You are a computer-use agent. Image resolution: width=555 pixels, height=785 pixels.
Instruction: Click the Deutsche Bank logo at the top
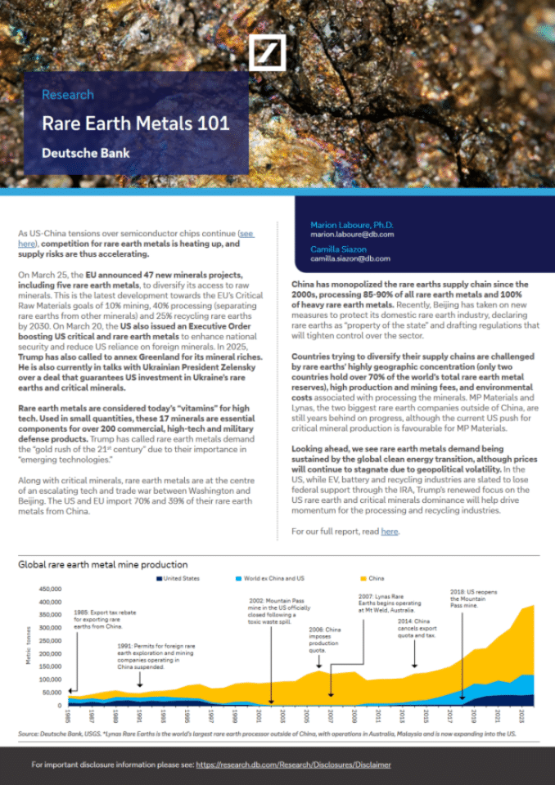pyautogui.click(x=267, y=54)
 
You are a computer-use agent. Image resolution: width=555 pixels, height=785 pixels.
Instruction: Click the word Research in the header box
pyautogui.click(x=68, y=95)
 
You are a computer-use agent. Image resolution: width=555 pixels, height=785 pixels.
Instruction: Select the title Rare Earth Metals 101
pyautogui.click(x=135, y=124)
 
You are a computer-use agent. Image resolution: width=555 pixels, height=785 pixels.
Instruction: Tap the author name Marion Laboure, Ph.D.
pyautogui.click(x=351, y=225)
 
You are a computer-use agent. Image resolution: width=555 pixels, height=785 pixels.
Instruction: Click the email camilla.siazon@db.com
pyautogui.click(x=351, y=258)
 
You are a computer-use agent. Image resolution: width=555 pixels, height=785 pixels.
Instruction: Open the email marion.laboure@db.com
pyautogui.click(x=352, y=235)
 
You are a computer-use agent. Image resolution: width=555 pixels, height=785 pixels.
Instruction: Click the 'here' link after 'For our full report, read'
pyautogui.click(x=390, y=532)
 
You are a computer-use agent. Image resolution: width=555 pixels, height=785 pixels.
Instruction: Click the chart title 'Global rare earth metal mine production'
pyautogui.click(x=103, y=564)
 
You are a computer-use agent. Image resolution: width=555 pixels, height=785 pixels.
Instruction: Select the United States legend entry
pyautogui.click(x=179, y=578)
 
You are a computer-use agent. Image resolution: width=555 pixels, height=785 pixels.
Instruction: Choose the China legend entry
pyautogui.click(x=377, y=578)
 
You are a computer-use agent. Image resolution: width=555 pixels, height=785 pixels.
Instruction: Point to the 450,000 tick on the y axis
pyautogui.click(x=49, y=590)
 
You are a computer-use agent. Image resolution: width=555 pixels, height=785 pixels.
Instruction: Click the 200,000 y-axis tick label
pyautogui.click(x=49, y=654)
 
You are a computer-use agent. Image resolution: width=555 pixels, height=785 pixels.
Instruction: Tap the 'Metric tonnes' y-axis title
pyautogui.click(x=29, y=646)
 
